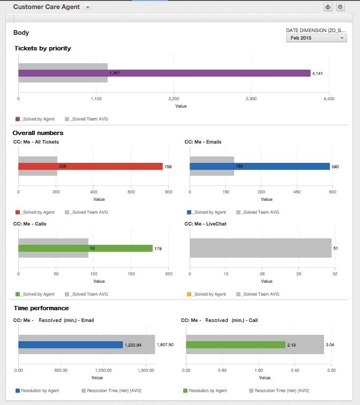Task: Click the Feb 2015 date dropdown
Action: [x=317, y=38]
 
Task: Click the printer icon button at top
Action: [x=328, y=7]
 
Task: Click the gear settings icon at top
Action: [x=340, y=7]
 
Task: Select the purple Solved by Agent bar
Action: [x=214, y=73]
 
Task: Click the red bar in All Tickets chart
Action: [x=134, y=166]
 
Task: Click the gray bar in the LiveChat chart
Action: [x=260, y=248]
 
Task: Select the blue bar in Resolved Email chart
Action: [x=70, y=344]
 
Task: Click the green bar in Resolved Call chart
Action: [x=236, y=344]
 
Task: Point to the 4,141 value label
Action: [x=317, y=73]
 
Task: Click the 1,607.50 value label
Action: [x=165, y=344]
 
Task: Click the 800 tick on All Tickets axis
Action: [x=168, y=192]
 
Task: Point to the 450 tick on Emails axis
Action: [x=296, y=192]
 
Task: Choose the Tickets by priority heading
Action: [x=42, y=48]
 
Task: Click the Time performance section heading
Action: [x=41, y=308]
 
